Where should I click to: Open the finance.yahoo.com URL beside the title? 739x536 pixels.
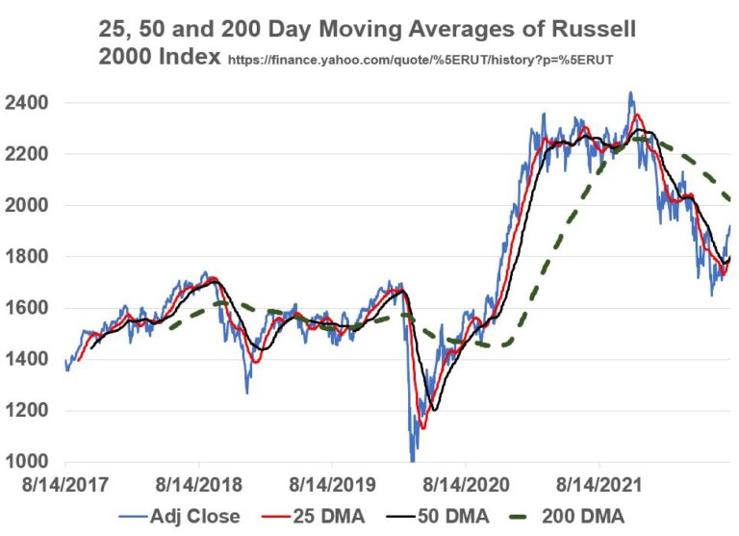click(420, 60)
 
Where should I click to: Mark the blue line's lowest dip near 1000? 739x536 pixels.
click(412, 458)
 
